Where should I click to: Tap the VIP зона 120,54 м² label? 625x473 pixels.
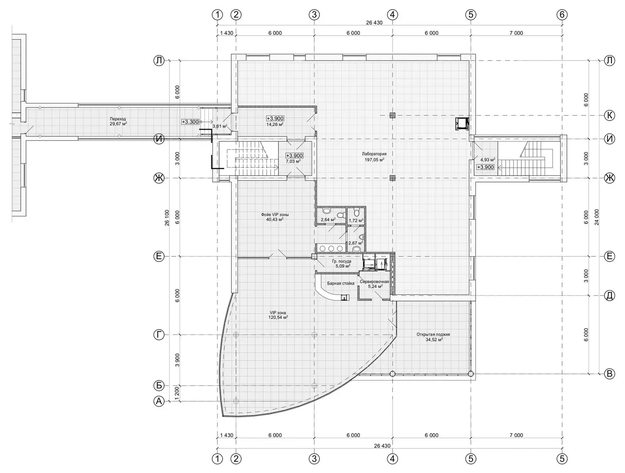(278, 315)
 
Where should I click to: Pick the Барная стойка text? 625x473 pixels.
(341, 284)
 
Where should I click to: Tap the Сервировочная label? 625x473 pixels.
(375, 282)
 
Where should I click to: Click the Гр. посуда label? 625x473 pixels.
(342, 261)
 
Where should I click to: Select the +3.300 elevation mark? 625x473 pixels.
(190, 122)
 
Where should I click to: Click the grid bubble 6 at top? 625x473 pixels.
(562, 14)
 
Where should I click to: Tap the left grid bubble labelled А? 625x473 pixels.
(159, 401)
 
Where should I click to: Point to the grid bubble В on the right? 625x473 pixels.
(609, 374)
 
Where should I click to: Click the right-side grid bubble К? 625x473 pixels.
(609, 116)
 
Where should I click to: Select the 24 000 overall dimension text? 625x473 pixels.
(596, 217)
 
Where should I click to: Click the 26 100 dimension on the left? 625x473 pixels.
(167, 218)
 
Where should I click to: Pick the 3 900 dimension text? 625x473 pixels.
(178, 360)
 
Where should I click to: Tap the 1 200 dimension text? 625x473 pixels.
(178, 394)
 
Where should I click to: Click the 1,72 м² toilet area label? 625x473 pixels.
(356, 220)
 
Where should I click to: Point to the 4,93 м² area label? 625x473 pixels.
(487, 159)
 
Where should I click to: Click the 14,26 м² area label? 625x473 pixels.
(275, 124)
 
